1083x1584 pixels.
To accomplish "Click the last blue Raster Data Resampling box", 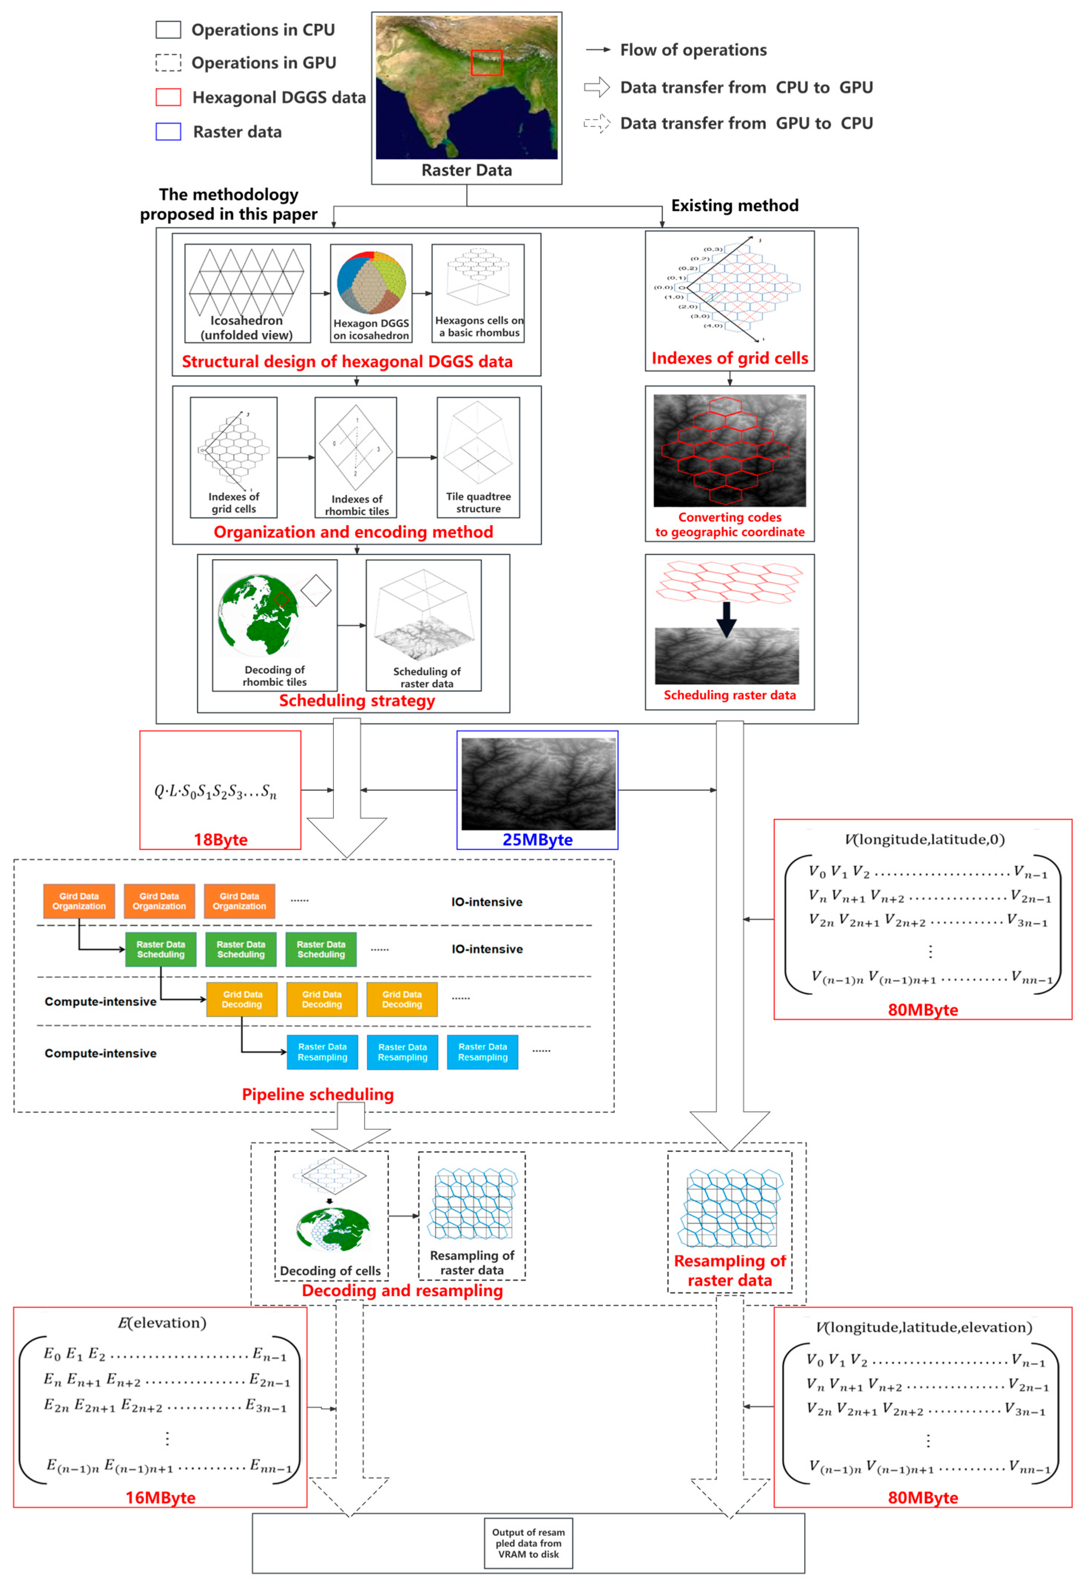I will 483,1052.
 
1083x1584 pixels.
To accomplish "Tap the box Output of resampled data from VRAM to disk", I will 528,1543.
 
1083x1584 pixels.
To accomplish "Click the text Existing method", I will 735,205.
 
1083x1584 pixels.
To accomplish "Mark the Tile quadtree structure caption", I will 478,502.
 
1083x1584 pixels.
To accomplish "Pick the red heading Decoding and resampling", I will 402,1290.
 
